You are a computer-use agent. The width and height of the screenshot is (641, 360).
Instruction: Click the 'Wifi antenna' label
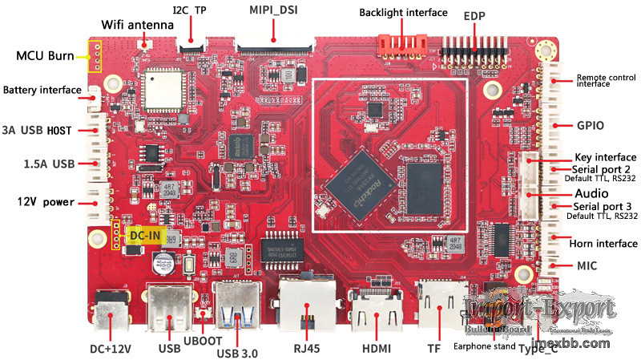[138, 25]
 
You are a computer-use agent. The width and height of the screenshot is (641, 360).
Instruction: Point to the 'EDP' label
[474, 15]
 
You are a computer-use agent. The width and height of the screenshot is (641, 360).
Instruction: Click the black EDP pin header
[476, 51]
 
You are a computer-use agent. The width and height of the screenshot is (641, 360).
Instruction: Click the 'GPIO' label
[590, 126]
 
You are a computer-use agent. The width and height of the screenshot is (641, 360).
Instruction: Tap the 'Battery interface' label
[42, 90]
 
